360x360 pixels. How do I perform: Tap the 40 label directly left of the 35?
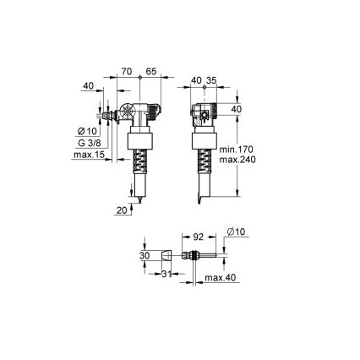pos(196,81)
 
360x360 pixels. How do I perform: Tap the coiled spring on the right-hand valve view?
pos(202,161)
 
